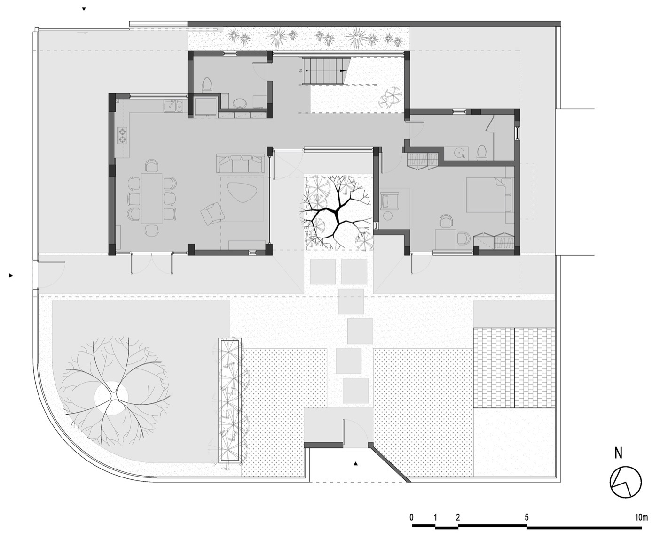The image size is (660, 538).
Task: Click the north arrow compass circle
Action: point(626,483)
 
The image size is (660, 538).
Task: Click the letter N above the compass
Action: point(619,453)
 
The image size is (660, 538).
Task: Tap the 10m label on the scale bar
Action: point(641,517)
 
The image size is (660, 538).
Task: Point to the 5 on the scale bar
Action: point(526,517)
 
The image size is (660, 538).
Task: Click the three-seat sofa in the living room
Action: point(240,164)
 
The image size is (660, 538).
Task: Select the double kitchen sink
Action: point(173,107)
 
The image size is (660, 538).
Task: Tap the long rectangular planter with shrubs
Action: point(230,402)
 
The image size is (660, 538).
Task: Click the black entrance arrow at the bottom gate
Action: point(356,464)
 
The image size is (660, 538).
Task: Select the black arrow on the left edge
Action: point(10,276)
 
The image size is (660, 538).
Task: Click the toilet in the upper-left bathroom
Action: point(207,85)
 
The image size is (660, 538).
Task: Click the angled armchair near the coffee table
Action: point(212,213)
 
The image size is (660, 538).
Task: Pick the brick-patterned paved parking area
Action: point(515,368)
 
